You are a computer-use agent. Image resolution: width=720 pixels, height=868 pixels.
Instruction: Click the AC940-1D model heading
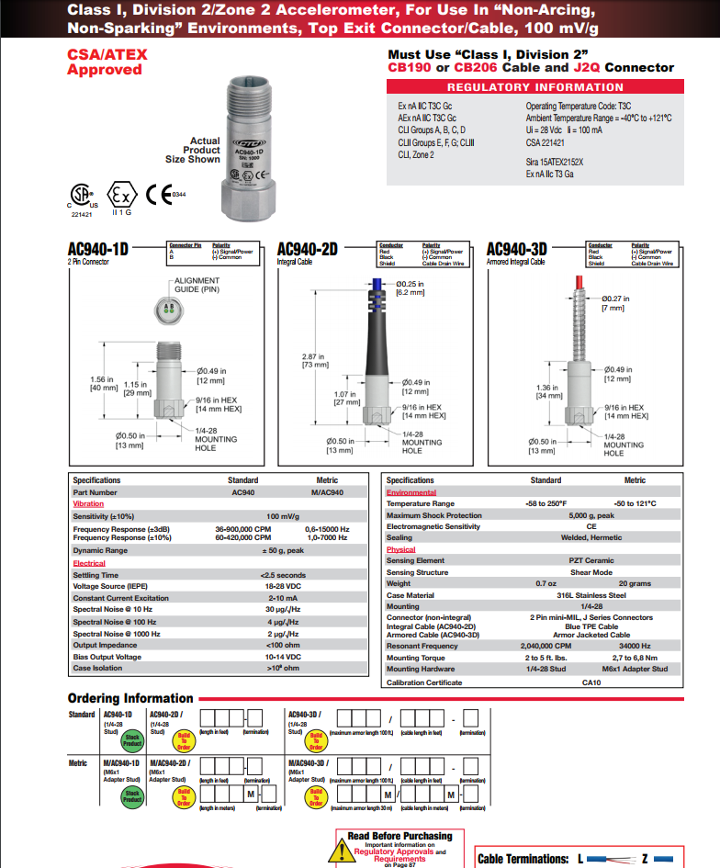point(98,250)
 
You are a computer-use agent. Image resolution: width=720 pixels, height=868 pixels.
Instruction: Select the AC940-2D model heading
point(308,250)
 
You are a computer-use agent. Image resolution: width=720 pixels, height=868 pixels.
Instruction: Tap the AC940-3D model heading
point(516,250)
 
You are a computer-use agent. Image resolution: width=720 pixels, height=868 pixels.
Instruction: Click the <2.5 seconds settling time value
point(285,575)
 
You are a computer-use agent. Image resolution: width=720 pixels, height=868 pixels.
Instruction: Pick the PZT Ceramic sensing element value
point(591,560)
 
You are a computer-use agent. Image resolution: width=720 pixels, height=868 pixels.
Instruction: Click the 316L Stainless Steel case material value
point(591,595)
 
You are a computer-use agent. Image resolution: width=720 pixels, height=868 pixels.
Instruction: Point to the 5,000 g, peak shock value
point(591,515)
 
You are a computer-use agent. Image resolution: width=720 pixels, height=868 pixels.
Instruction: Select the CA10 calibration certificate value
point(591,682)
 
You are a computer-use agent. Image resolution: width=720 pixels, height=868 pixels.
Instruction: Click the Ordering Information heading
point(130,698)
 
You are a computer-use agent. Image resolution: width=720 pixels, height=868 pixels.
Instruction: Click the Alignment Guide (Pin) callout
point(197,285)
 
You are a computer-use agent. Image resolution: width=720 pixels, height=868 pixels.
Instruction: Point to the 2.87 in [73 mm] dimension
point(316,360)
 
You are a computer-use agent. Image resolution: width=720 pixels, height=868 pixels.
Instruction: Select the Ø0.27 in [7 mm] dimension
point(613,303)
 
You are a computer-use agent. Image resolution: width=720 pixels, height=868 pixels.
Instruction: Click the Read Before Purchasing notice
point(399,836)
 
